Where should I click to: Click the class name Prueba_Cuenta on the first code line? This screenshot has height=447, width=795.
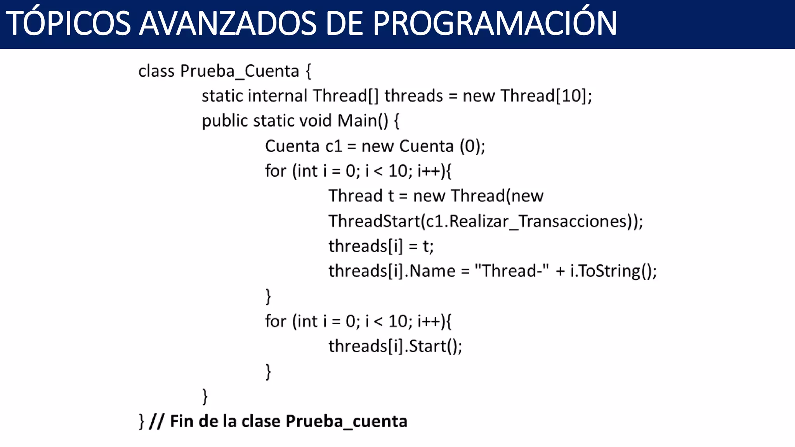coord(240,71)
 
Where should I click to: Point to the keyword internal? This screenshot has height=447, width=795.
coord(278,96)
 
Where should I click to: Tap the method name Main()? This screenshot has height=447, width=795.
coord(363,121)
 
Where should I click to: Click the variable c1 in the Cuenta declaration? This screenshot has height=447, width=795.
coord(334,146)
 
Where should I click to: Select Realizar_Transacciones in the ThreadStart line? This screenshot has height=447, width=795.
coord(538,221)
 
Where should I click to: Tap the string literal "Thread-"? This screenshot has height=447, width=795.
coord(512,271)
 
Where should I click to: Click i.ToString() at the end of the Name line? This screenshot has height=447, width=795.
coord(613,271)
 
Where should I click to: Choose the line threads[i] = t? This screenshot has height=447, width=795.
coord(381,246)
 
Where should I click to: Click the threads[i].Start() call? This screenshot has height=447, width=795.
coord(395,346)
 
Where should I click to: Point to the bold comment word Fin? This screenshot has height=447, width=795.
coord(182,421)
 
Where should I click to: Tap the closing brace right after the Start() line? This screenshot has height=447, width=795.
coord(268,371)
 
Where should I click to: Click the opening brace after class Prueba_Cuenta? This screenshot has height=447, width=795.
coord(308,71)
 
